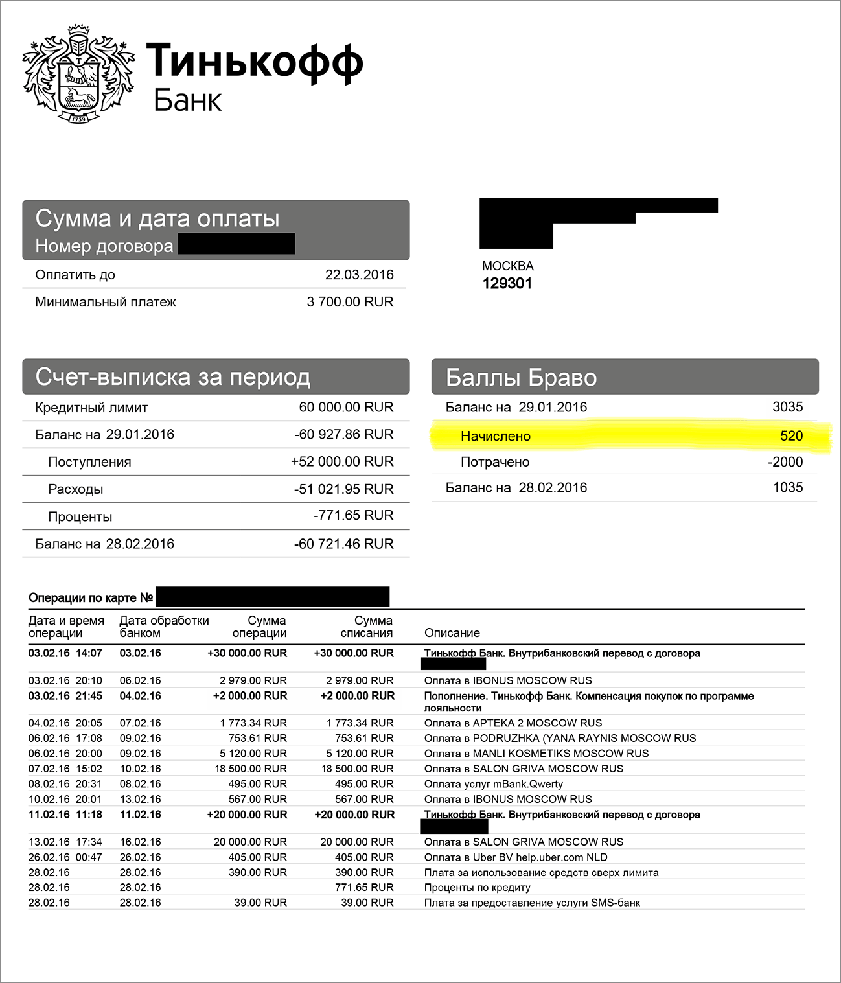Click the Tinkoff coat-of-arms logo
tap(78, 74)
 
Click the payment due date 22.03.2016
tap(359, 275)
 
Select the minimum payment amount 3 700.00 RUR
tap(350, 302)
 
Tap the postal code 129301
tap(507, 283)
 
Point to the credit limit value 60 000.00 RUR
tap(346, 408)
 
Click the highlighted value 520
tap(791, 436)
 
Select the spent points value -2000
tap(785, 462)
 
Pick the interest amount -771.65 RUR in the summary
tap(353, 516)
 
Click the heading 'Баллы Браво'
tap(521, 377)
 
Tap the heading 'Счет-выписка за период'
tap(173, 376)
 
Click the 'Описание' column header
tap(452, 633)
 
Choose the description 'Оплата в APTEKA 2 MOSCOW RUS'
tap(513, 723)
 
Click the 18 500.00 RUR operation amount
tap(251, 769)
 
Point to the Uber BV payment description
tap(515, 857)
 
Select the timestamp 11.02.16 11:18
tap(65, 815)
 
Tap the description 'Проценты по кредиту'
tap(477, 888)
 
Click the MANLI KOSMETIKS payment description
tap(536, 754)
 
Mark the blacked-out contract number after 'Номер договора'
tap(236, 244)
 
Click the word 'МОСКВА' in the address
tap(507, 266)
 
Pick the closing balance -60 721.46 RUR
tap(343, 544)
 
